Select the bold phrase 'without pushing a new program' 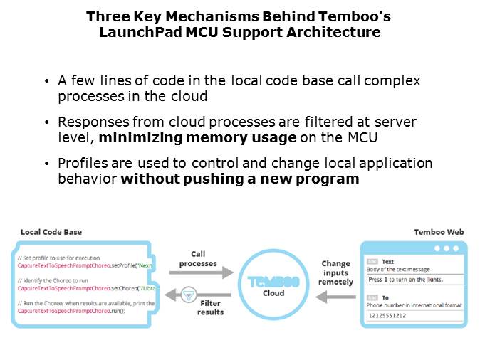pyautogui.click(x=239, y=179)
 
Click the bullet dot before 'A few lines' pyautogui.click(x=47, y=81)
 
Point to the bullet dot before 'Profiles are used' pyautogui.click(x=47, y=164)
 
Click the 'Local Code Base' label pyautogui.click(x=52, y=232)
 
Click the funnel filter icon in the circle pyautogui.click(x=188, y=294)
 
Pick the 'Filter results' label pyautogui.click(x=210, y=307)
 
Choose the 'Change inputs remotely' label pyautogui.click(x=335, y=272)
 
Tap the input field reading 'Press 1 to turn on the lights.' pyautogui.click(x=414, y=280)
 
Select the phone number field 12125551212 pyautogui.click(x=414, y=316)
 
